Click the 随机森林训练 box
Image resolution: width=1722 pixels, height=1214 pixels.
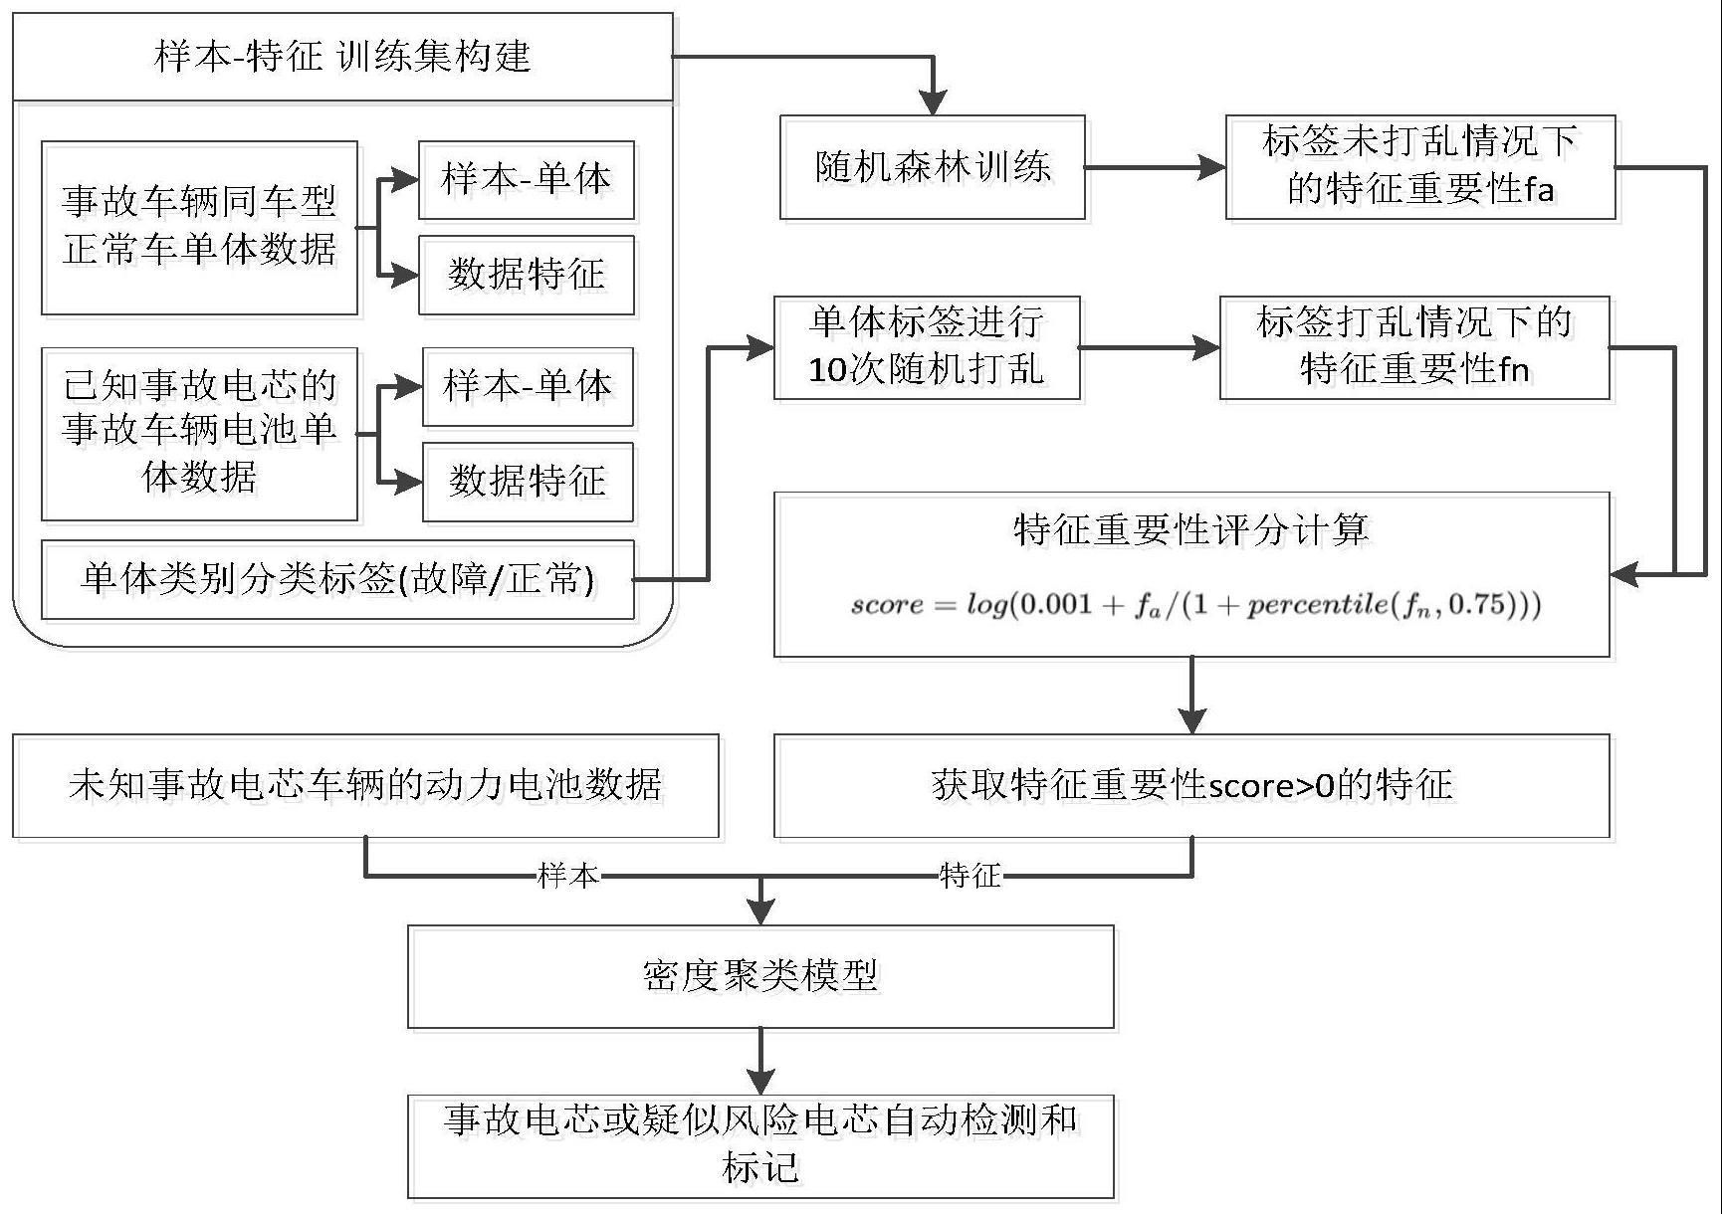point(932,167)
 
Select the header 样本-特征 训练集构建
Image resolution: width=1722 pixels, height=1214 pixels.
point(342,57)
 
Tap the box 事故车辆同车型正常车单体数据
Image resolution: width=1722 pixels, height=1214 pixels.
point(199,228)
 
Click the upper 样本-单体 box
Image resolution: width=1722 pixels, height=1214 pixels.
point(526,180)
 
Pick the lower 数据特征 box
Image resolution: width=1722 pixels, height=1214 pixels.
point(528,482)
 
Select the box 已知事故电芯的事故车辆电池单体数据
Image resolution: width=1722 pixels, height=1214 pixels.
point(199,434)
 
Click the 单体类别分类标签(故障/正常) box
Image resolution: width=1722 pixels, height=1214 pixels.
point(337,579)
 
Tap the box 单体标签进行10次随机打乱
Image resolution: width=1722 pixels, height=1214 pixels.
point(927,347)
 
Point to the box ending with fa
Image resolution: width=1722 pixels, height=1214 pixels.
point(1419,167)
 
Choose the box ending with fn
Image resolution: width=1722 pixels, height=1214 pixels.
point(1413,347)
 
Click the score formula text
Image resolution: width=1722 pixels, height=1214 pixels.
point(1194,605)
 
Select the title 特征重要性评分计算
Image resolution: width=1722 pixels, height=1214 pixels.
point(1190,529)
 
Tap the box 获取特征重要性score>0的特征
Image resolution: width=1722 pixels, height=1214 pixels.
point(1190,786)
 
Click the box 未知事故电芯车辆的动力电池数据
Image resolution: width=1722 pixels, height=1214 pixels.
point(365,786)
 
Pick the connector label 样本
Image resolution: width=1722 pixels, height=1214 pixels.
point(568,876)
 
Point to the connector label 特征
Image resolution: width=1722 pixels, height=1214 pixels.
point(970,876)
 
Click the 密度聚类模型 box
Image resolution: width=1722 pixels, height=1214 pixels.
point(760,976)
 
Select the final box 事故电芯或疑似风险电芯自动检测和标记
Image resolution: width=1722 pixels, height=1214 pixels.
point(760,1146)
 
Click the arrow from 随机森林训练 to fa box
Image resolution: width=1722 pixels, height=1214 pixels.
point(1155,168)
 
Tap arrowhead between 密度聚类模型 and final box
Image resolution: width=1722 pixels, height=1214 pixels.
point(760,1081)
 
